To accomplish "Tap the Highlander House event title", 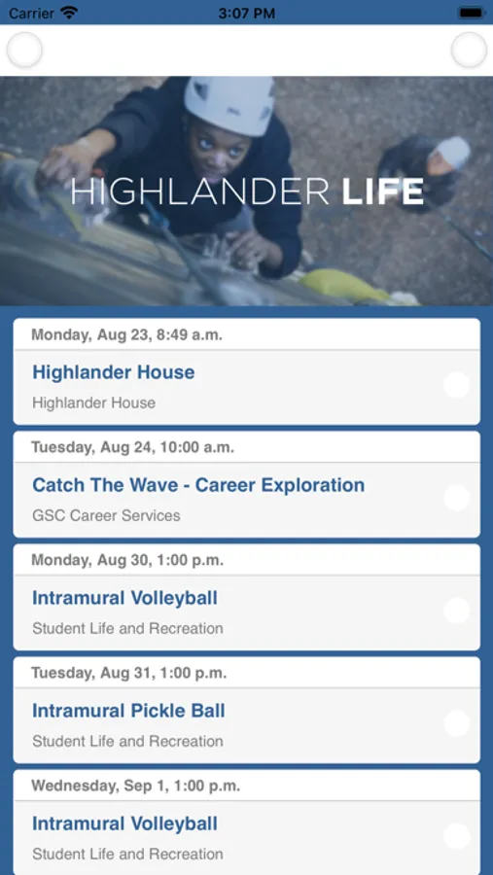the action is [x=114, y=372].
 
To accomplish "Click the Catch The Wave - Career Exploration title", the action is [x=198, y=485].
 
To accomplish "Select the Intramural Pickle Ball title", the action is [x=128, y=711].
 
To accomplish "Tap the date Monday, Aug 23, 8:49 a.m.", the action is [x=126, y=334].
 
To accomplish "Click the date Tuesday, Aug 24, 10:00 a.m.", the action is [x=133, y=447].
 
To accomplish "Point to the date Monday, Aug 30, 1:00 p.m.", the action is [x=127, y=560].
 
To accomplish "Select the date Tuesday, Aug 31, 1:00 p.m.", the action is [x=129, y=673].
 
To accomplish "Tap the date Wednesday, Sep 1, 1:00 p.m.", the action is [x=136, y=786].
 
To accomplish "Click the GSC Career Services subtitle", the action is [x=106, y=515].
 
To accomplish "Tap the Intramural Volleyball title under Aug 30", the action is [x=124, y=598].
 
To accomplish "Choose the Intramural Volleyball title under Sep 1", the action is [x=124, y=823].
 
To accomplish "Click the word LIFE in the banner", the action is [x=382, y=192].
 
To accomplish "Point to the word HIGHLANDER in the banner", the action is [x=200, y=192].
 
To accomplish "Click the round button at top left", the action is [x=24, y=51].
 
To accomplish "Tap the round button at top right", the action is [x=469, y=51].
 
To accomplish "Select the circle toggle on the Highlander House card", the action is [x=457, y=385].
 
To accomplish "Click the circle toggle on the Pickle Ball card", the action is [x=457, y=723].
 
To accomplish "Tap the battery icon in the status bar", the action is [x=472, y=13].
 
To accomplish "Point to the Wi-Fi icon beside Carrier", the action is [x=69, y=13].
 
